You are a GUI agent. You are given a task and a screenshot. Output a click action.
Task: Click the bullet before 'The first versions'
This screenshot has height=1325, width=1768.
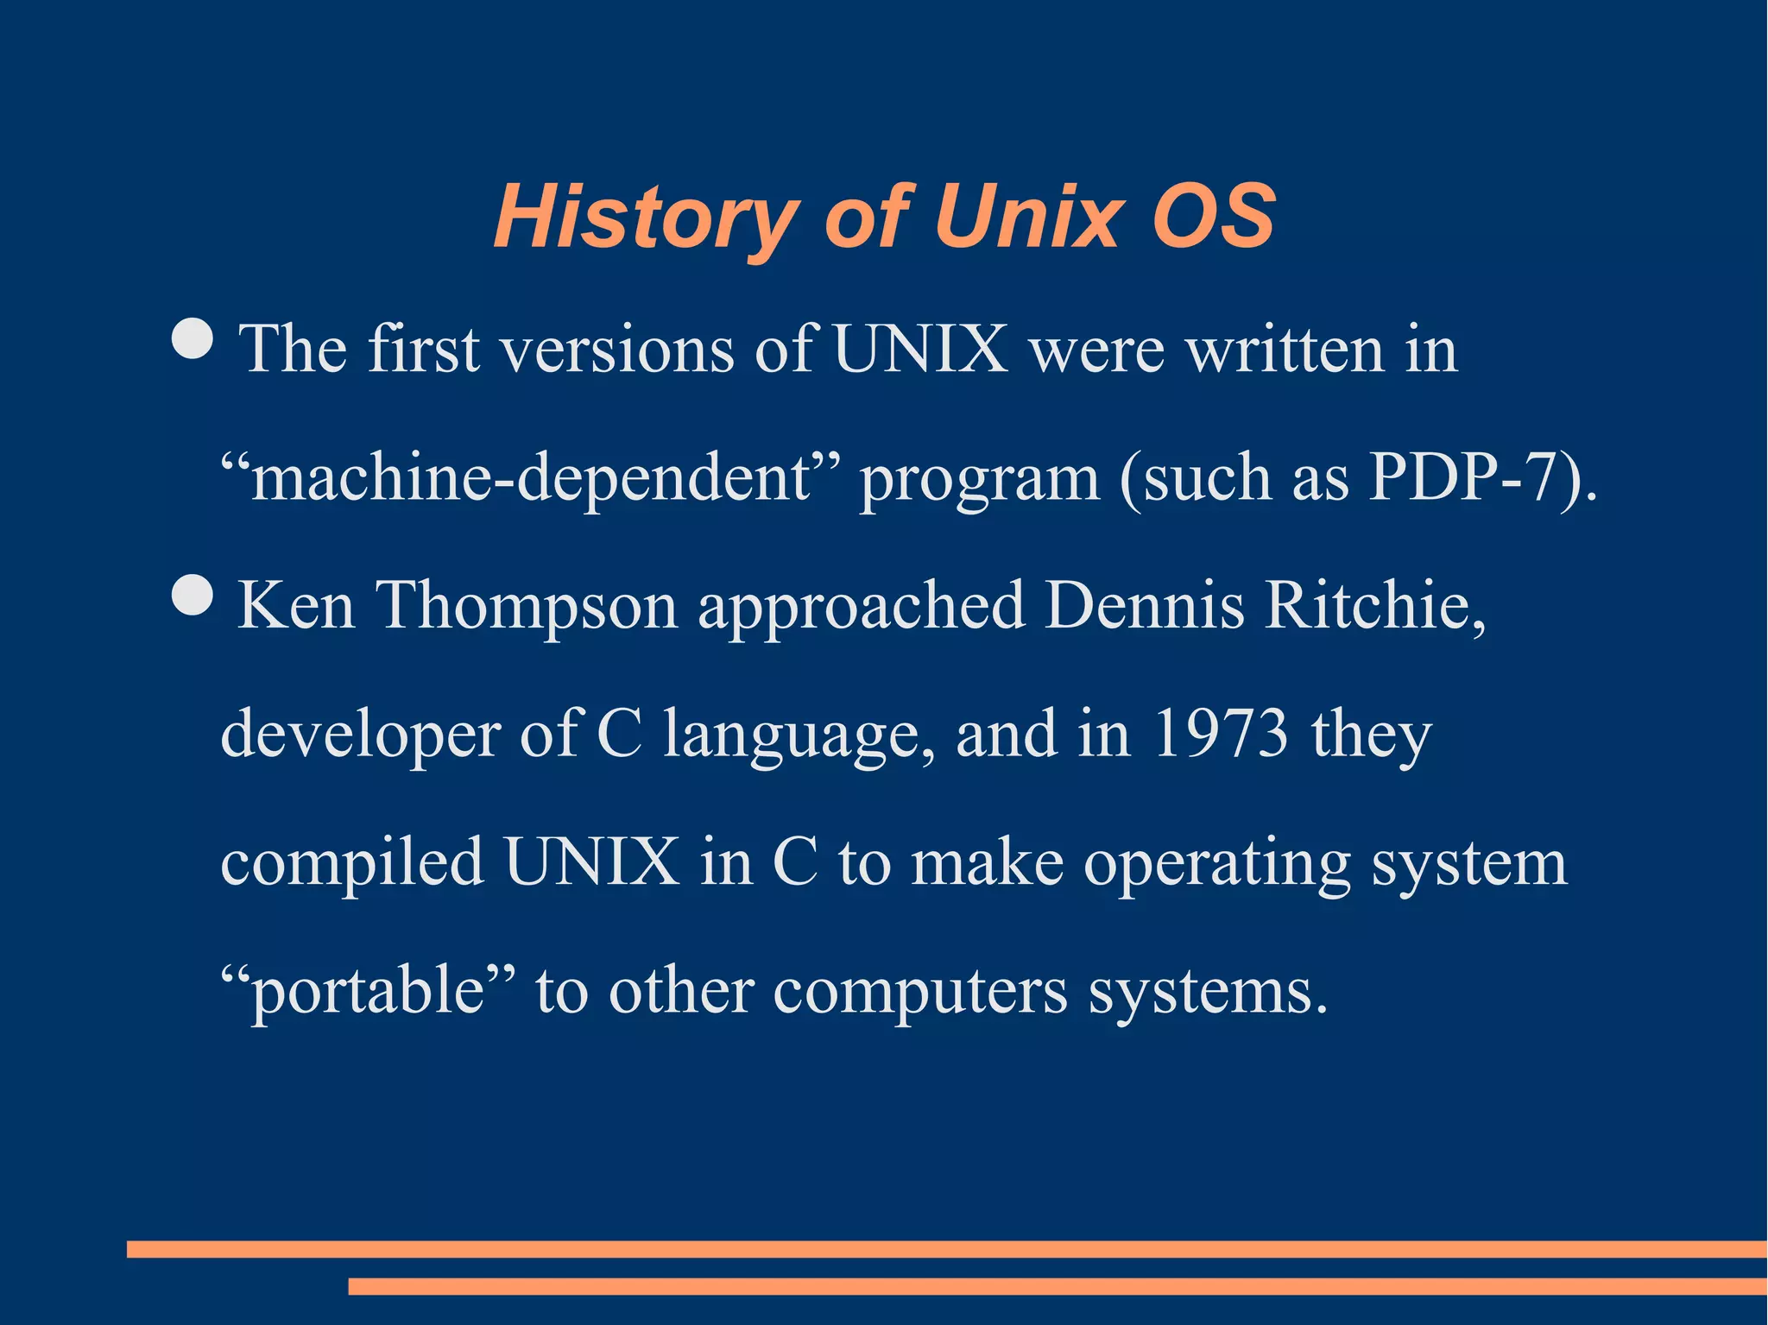(x=193, y=338)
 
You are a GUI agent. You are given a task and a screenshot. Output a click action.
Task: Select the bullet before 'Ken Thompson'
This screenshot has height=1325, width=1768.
(x=193, y=595)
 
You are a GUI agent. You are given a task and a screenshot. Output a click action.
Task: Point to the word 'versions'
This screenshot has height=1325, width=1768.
(x=617, y=350)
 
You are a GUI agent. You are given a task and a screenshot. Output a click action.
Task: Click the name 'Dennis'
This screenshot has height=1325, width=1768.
(x=1145, y=605)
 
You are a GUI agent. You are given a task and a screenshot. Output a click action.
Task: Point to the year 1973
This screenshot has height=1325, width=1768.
(x=1219, y=734)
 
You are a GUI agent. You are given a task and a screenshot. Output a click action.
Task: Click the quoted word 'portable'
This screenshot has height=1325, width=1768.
(x=367, y=991)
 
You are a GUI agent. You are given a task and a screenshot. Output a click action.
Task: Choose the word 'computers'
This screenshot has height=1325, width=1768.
(x=920, y=992)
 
